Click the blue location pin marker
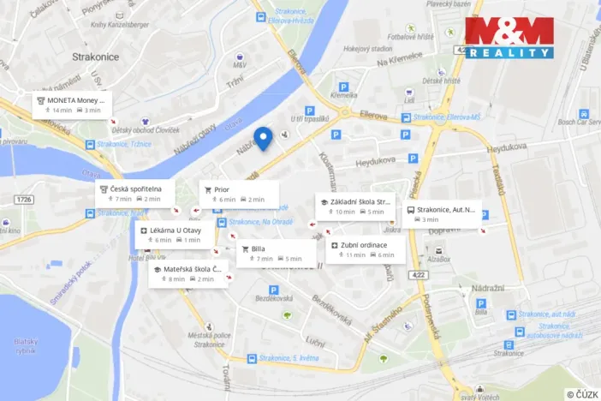point(264,138)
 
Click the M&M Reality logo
point(509,38)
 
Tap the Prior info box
point(239,194)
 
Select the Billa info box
point(276,253)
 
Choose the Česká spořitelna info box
point(134,193)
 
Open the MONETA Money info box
point(72,105)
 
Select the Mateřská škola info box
point(187,273)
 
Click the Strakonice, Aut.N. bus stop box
point(443,214)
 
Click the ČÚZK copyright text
point(582,394)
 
